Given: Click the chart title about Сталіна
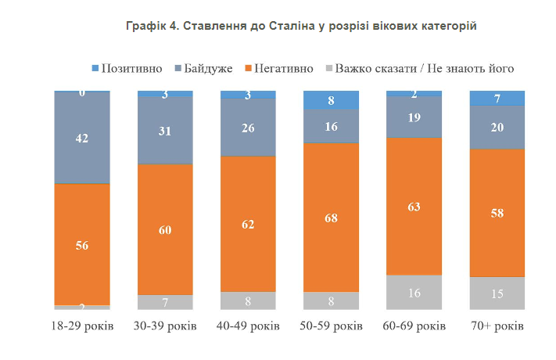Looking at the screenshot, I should pyautogui.click(x=301, y=26).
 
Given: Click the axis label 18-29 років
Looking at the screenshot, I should pyautogui.click(x=82, y=326).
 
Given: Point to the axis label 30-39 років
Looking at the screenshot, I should pyautogui.click(x=165, y=326).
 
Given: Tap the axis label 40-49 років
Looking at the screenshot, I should pyautogui.click(x=248, y=326).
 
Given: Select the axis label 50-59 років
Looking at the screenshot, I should pyautogui.click(x=331, y=326).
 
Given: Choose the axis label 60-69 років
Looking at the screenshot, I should pyautogui.click(x=414, y=326).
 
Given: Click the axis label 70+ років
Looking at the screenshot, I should pyautogui.click(x=497, y=326).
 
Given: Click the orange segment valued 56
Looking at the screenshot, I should pyautogui.click(x=82, y=244).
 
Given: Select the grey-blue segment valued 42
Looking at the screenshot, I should pyautogui.click(x=82, y=139).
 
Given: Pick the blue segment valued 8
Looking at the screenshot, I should pyautogui.click(x=331, y=100).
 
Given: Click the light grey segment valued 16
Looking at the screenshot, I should pyautogui.click(x=414, y=292).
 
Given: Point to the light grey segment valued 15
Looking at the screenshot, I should pyautogui.click(x=497, y=293).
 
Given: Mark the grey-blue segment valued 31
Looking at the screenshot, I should pyautogui.click(x=165, y=131).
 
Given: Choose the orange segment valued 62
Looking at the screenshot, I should pyautogui.click(x=248, y=223).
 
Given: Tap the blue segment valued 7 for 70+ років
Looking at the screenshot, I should pyautogui.click(x=497, y=98).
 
